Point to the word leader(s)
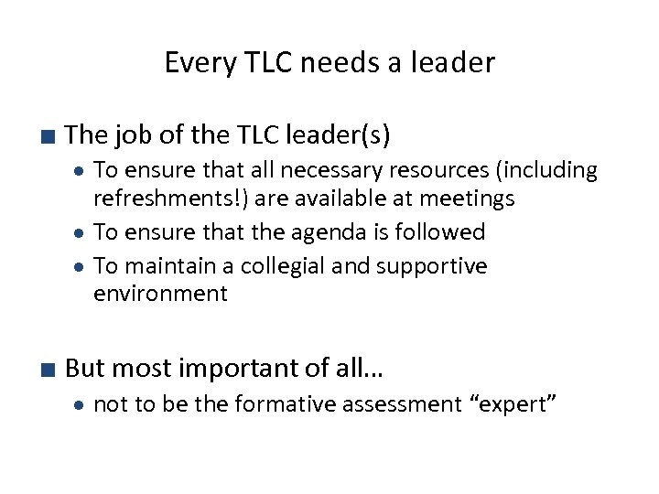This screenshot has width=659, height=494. coord(338,136)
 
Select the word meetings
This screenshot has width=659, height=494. coord(465,198)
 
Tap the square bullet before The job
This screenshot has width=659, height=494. coord(48,138)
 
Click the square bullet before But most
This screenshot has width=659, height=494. coord(48,370)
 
